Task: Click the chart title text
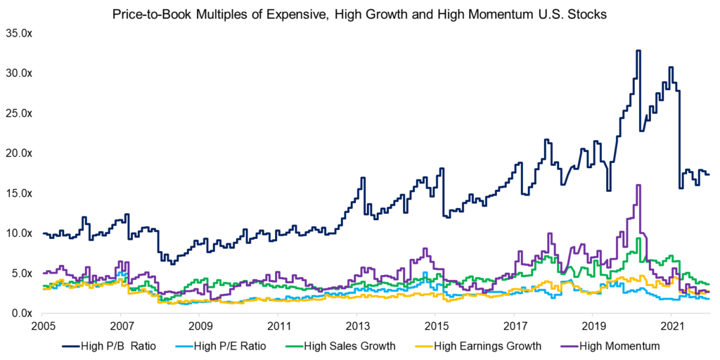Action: point(359,14)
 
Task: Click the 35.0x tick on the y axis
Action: point(20,33)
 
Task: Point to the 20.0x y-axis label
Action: point(20,153)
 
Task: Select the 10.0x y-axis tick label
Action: point(20,233)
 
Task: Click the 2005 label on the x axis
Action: point(43,326)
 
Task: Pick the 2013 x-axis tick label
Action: point(356,326)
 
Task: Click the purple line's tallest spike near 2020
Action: point(638,186)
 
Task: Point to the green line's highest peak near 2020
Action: point(638,238)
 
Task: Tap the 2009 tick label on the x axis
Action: point(200,326)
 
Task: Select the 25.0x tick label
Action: point(20,113)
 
